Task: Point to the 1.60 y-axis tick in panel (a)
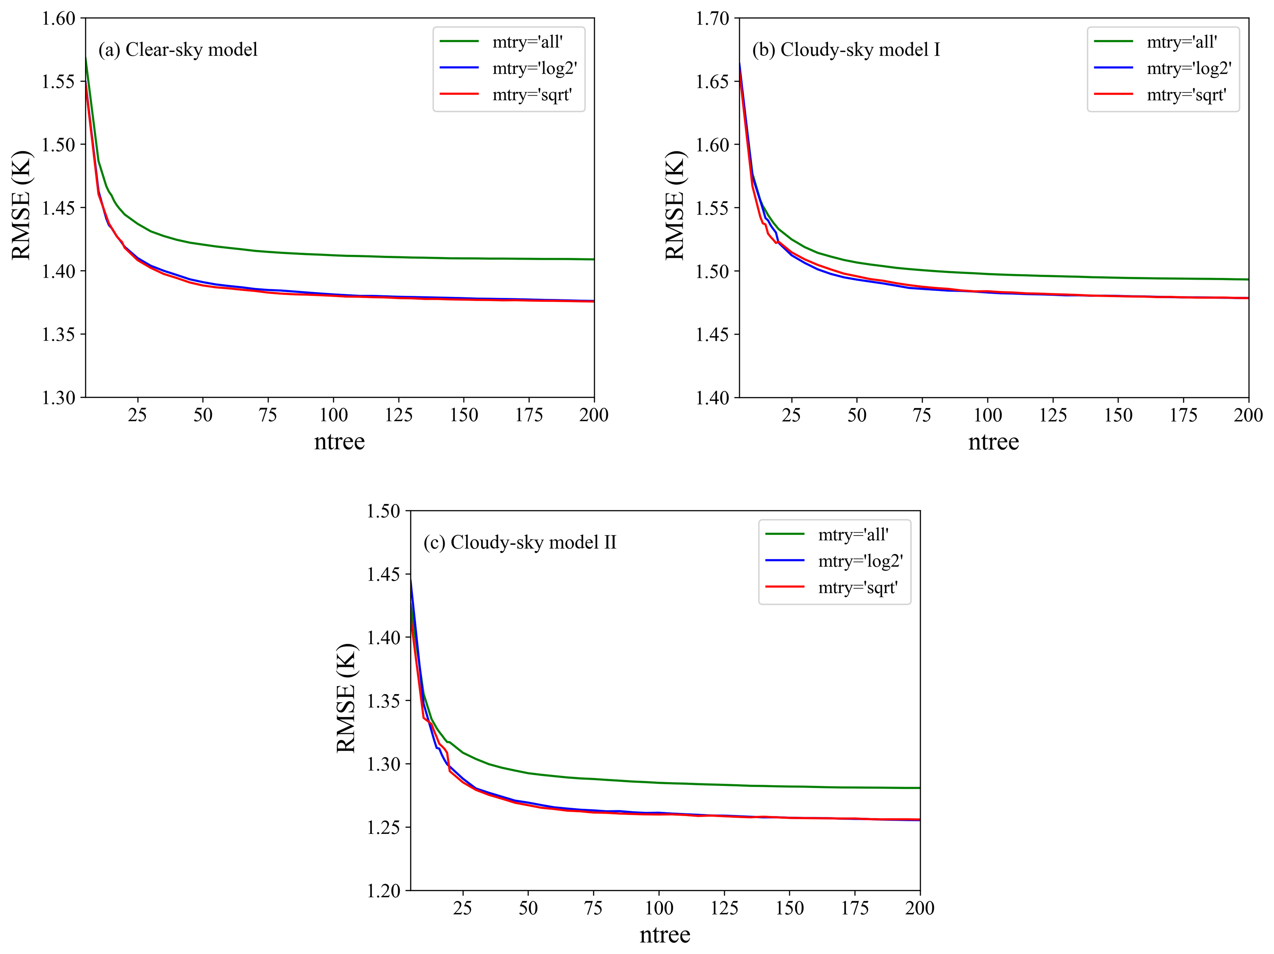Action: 59,18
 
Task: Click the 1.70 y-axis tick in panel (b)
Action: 713,18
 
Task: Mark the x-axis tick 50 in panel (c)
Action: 528,909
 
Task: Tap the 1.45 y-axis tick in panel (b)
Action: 713,334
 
